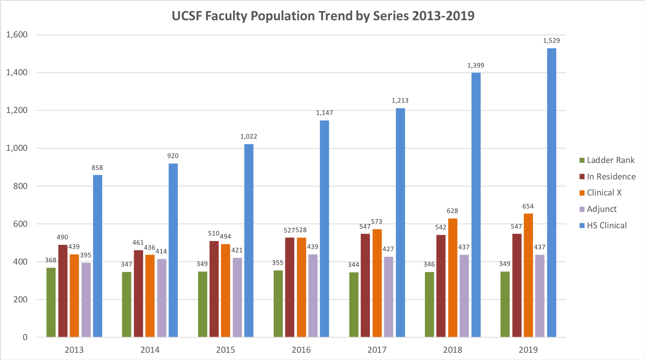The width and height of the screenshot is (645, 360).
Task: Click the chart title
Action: pos(323,16)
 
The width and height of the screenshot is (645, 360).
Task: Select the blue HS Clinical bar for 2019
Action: pos(551,192)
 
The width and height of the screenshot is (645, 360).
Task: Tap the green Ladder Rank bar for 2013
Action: pos(51,302)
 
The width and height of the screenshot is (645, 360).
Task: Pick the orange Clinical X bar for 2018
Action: pos(453,278)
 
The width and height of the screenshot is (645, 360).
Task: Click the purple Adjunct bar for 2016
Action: pos(313,295)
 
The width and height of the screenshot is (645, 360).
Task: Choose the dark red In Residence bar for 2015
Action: pos(214,289)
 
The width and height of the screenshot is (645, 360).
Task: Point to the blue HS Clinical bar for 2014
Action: pos(173,250)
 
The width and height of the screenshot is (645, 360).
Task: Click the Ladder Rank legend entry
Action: pos(610,160)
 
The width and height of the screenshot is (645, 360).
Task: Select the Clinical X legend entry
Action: pos(604,193)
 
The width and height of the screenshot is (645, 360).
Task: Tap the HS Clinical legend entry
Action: pos(606,226)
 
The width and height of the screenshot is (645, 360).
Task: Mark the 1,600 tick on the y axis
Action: pos(17,35)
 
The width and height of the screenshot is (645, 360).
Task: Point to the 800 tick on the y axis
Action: pos(20,186)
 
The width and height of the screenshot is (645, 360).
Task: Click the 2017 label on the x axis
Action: pos(377,350)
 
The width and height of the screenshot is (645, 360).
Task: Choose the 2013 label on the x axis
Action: pos(74,350)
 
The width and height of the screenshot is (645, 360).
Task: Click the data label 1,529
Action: pos(551,40)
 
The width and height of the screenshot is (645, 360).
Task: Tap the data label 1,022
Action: pos(249,137)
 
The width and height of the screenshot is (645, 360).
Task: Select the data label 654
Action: pos(528,206)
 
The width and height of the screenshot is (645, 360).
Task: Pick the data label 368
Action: pos(51,260)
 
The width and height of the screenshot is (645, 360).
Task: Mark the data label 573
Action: pos(377,222)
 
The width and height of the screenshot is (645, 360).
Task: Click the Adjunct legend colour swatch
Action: pos(582,209)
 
